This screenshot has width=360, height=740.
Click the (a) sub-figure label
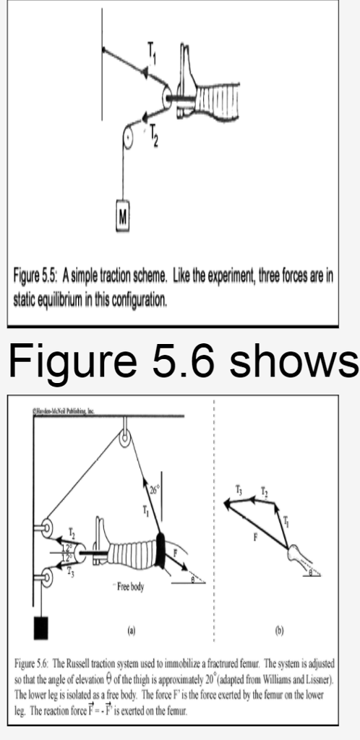click(130, 629)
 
